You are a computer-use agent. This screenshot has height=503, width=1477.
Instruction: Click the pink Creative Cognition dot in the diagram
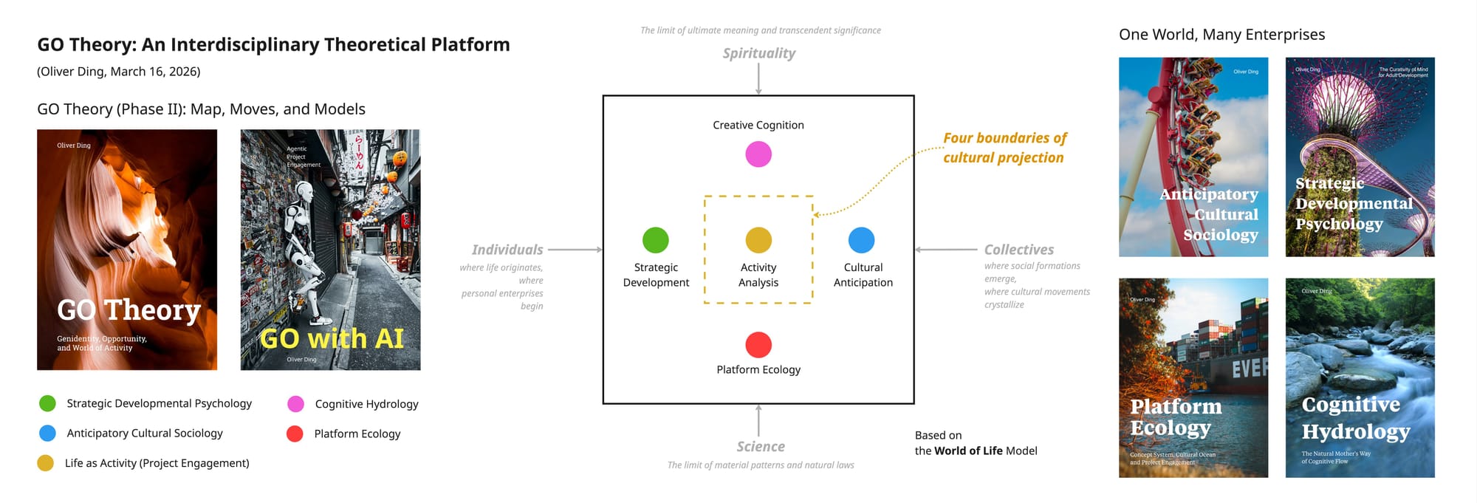pyautogui.click(x=758, y=154)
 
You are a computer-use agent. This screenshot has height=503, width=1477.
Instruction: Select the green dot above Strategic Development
pyautogui.click(x=656, y=240)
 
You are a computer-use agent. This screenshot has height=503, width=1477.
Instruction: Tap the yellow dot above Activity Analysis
pyautogui.click(x=758, y=240)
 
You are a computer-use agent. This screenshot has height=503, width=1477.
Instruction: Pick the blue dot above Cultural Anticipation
pyautogui.click(x=862, y=240)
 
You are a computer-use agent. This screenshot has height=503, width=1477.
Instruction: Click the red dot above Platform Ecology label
pyautogui.click(x=758, y=345)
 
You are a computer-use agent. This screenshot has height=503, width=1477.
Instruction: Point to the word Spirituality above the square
pyautogui.click(x=759, y=53)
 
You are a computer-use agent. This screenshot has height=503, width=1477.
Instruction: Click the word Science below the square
pyautogui.click(x=761, y=447)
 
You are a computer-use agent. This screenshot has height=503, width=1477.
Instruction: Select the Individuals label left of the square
pyautogui.click(x=507, y=250)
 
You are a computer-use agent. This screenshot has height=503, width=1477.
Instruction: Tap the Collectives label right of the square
pyautogui.click(x=1019, y=250)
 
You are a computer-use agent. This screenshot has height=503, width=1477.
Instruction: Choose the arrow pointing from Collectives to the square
pyautogui.click(x=946, y=250)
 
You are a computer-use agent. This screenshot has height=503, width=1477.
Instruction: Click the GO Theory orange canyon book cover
pyautogui.click(x=127, y=250)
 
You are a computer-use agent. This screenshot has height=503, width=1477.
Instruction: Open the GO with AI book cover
pyautogui.click(x=330, y=250)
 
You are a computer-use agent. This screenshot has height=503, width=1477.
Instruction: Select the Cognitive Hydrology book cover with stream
pyautogui.click(x=1360, y=377)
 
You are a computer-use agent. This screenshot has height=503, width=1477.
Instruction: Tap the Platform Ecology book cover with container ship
pyautogui.click(x=1193, y=377)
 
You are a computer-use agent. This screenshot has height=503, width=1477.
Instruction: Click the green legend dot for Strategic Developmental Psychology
pyautogui.click(x=47, y=403)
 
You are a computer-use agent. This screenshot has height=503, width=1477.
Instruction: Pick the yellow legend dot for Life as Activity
pyautogui.click(x=46, y=463)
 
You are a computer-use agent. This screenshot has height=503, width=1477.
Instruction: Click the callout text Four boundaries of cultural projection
pyautogui.click(x=1004, y=148)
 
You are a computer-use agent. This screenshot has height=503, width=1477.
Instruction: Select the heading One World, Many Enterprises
pyautogui.click(x=1221, y=35)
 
